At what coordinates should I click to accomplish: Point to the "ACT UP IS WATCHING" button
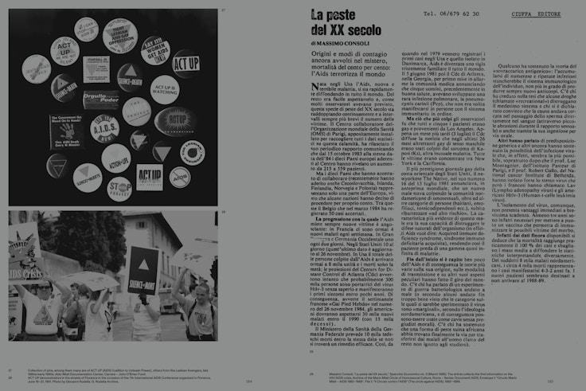[163, 89]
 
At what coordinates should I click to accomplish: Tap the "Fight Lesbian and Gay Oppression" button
[119, 33]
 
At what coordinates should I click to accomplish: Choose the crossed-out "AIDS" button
[179, 177]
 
